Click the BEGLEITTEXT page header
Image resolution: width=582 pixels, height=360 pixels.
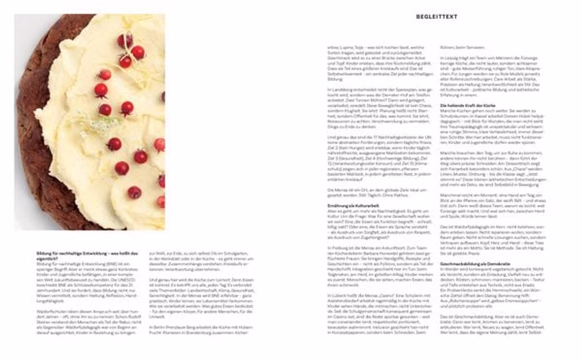pos(436,16)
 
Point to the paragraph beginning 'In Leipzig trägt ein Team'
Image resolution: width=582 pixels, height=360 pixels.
pos(491,76)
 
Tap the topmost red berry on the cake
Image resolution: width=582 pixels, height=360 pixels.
pos(124,39)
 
